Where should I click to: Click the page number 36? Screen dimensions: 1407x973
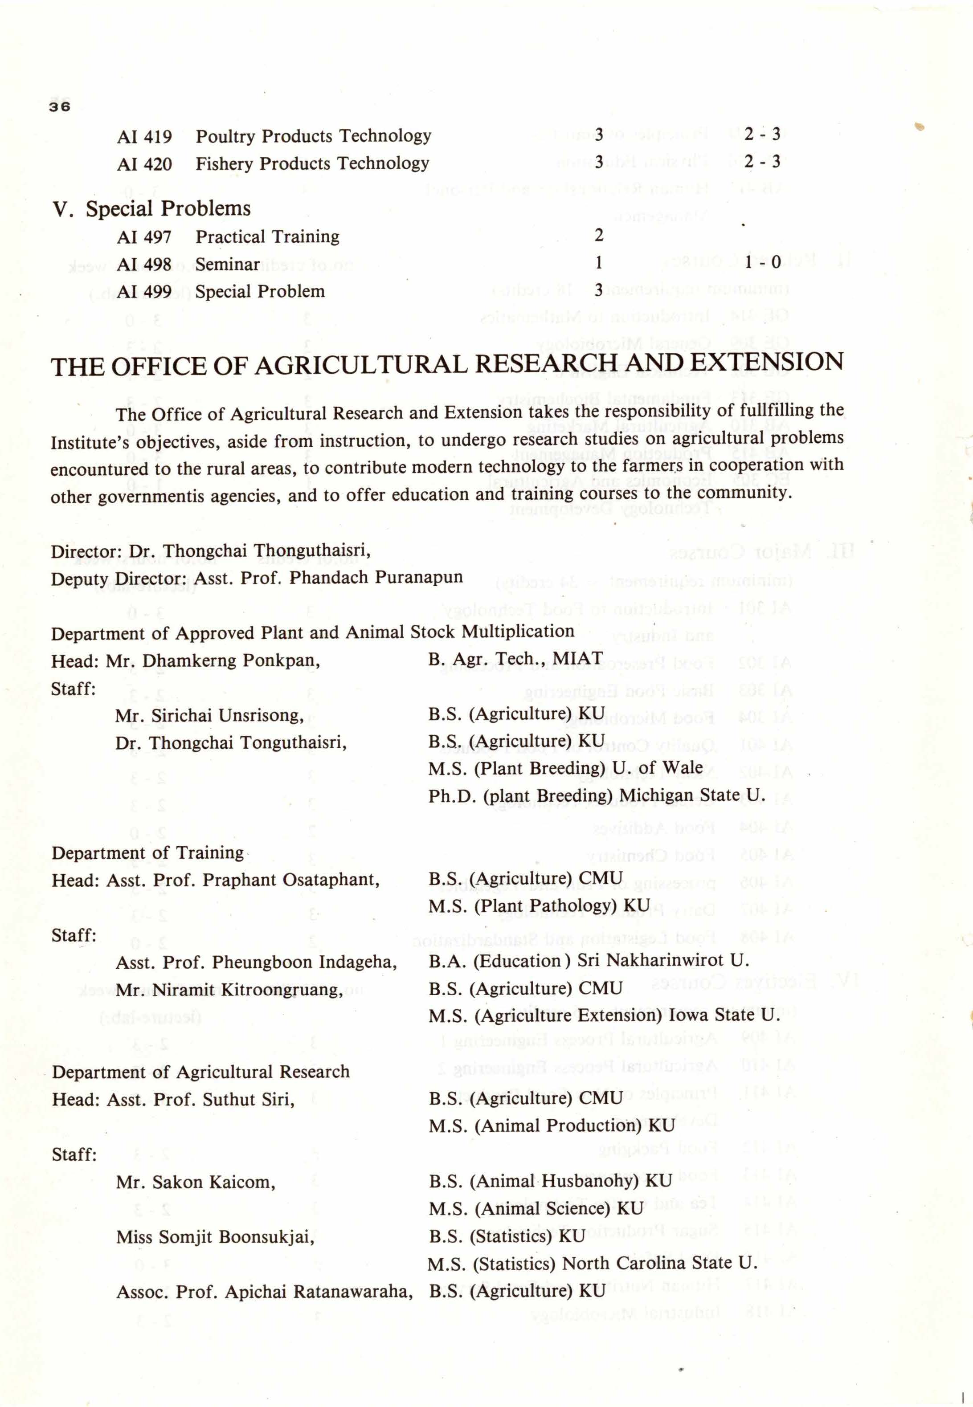(x=60, y=106)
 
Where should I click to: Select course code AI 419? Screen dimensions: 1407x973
(x=144, y=136)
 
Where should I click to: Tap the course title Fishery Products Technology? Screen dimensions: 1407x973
(x=312, y=163)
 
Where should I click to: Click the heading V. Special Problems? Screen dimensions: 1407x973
(x=152, y=209)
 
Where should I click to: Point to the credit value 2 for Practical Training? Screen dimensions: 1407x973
(x=599, y=235)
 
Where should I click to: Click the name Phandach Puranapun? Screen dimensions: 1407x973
(x=376, y=577)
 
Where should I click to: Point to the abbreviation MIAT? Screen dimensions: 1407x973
(x=577, y=659)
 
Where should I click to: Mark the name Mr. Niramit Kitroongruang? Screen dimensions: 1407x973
(x=229, y=989)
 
